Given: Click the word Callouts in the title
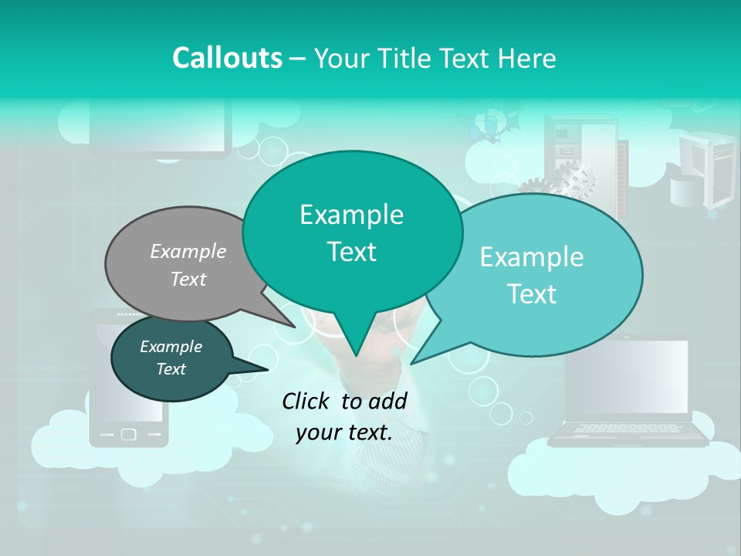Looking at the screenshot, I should pos(227,58).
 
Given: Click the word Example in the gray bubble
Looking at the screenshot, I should pos(188,252).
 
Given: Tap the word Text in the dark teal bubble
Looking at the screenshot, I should pos(171,369).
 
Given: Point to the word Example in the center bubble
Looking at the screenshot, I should pos(351,215).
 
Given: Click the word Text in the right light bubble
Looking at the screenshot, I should pos(533,294).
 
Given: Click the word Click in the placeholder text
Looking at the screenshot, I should pos(307,401).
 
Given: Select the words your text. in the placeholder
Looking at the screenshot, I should pos(344,432).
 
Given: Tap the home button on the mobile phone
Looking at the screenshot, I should pos(129,435).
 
